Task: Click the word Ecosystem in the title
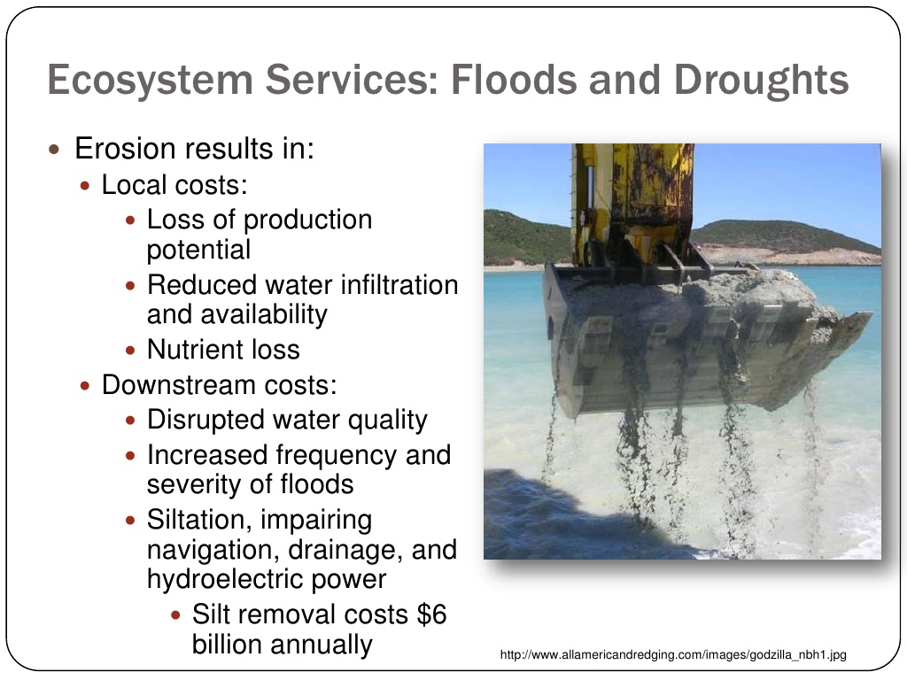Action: [x=151, y=81]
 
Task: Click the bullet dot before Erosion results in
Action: [x=54, y=150]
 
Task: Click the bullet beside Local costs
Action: [x=86, y=186]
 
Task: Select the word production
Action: [x=307, y=220]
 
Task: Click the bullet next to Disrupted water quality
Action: [x=131, y=421]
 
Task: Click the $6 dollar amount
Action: [x=431, y=614]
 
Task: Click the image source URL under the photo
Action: [x=673, y=655]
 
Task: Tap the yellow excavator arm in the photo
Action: [x=633, y=204]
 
